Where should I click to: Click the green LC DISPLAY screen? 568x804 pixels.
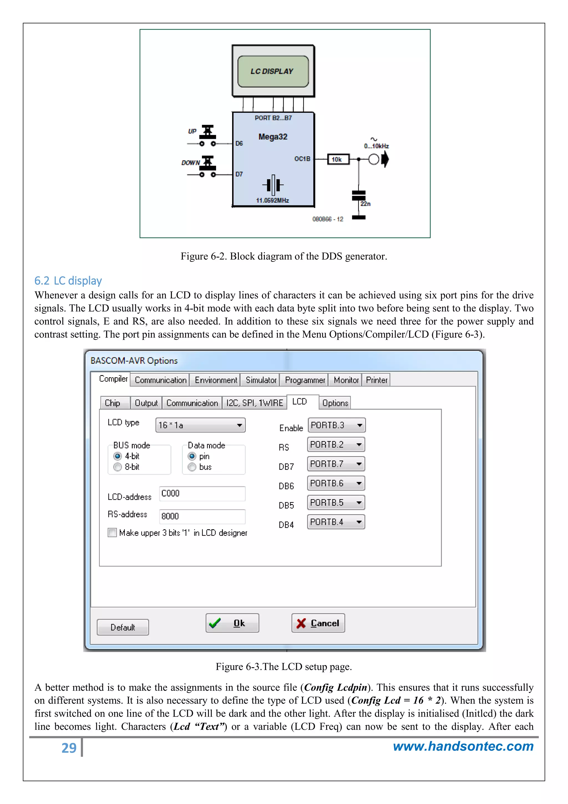click(x=273, y=71)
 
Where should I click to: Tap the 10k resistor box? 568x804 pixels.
click(x=338, y=159)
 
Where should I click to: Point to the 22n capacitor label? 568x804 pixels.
click(x=366, y=204)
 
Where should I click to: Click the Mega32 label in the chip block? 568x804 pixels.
click(x=273, y=137)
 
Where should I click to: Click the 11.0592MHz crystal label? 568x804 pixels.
click(x=272, y=200)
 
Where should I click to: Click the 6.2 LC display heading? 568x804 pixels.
click(x=68, y=281)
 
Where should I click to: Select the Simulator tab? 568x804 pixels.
click(x=261, y=380)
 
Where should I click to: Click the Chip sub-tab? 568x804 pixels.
click(x=113, y=403)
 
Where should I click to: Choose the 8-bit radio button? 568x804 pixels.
click(x=118, y=467)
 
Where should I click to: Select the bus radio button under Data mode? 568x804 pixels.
click(x=192, y=467)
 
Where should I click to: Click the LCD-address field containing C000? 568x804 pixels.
click(x=202, y=493)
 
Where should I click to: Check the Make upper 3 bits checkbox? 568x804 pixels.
click(x=112, y=532)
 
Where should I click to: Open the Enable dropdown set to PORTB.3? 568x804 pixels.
click(x=336, y=425)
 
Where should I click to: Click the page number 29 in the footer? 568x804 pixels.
click(x=69, y=748)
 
